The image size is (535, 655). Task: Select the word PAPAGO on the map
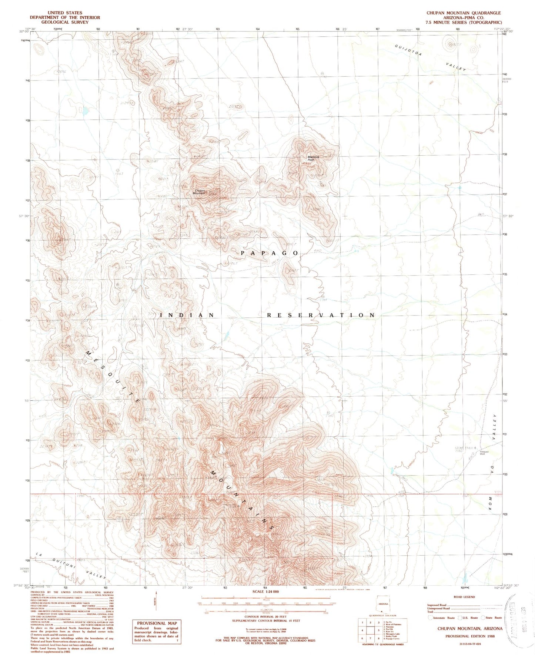point(270,253)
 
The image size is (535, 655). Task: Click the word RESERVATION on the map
point(321,315)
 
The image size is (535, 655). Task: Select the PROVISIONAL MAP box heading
point(157,623)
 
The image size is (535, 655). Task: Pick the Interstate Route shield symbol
point(430,618)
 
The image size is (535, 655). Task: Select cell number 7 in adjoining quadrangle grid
point(370,638)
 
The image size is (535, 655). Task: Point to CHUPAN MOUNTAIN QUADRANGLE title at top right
point(464,13)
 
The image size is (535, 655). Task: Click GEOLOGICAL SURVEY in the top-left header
point(65,22)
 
